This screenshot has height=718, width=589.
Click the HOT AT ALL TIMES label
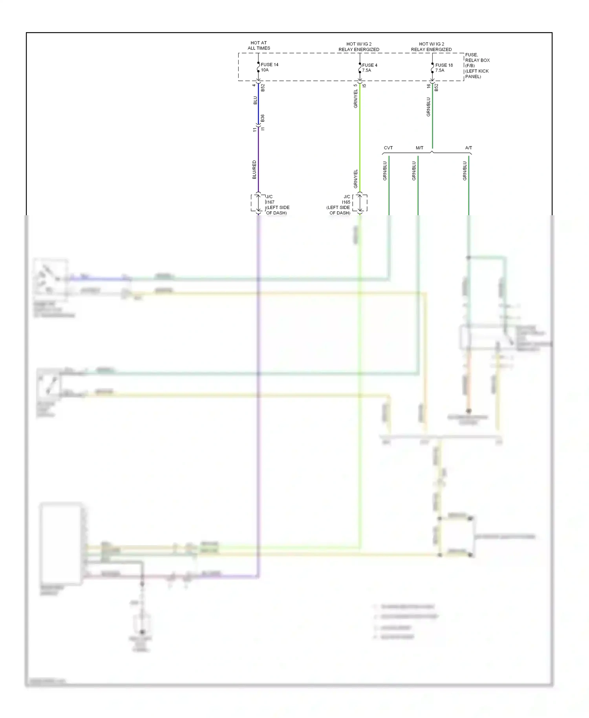point(259,46)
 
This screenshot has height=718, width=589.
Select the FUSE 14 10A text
point(269,67)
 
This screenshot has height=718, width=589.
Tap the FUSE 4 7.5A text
point(369,68)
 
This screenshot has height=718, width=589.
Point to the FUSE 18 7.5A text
point(444,68)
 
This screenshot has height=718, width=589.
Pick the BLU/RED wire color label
point(254,170)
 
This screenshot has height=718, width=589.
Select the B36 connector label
point(263,118)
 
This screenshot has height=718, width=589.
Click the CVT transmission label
point(388,148)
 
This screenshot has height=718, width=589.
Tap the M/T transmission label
point(419,148)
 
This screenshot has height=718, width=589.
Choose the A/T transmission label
point(468,148)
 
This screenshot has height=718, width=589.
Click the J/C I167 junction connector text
point(277,205)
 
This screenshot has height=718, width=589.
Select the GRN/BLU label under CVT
point(385,171)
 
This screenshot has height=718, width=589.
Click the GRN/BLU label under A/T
point(465,171)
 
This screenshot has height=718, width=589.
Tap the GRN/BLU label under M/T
point(414,171)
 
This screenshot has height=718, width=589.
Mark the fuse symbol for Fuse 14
point(258,67)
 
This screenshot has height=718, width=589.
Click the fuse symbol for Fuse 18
point(432,68)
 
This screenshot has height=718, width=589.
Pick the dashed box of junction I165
point(360,203)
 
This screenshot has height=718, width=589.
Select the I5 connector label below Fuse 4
point(364,86)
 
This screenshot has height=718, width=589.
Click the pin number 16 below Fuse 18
point(429,86)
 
